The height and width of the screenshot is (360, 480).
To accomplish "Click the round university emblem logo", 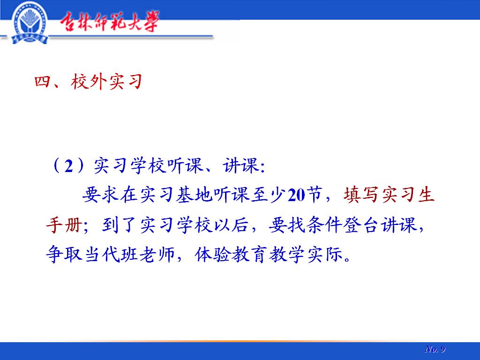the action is (30, 22).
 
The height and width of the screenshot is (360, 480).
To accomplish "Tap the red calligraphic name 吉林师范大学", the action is (109, 22).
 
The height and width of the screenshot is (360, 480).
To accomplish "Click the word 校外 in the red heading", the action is (89, 82).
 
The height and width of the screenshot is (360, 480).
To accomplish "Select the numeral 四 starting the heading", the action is (42, 82).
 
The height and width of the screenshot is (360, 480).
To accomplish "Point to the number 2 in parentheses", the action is (69, 166).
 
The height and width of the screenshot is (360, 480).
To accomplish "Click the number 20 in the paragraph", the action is (296, 195).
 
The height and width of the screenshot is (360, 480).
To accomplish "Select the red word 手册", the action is (64, 225).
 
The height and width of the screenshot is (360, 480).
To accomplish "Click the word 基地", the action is (194, 195).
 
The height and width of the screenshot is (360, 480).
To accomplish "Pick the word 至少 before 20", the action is (269, 195).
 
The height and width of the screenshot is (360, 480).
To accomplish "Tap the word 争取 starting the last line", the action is (64, 254).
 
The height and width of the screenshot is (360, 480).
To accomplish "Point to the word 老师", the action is (157, 255).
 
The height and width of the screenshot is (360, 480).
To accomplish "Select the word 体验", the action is (212, 255).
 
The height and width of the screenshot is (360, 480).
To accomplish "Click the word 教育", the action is (249, 255).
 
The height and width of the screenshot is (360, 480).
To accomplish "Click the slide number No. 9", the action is (435, 349).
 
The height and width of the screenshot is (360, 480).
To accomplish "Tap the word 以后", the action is (230, 225).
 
